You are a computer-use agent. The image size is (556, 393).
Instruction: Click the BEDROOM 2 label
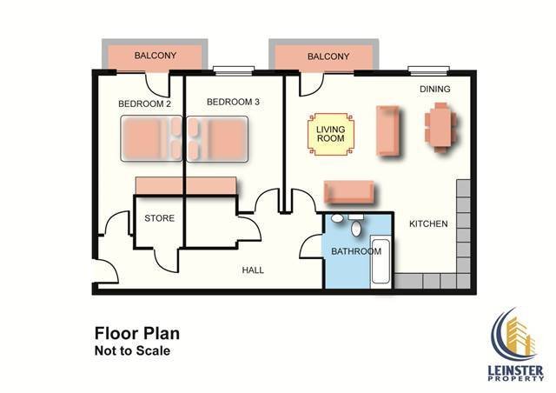coord(145,103)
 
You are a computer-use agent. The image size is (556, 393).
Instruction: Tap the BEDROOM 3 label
coord(233,102)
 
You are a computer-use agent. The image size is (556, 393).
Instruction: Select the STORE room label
coord(160,218)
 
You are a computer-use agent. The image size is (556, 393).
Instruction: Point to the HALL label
coord(253,270)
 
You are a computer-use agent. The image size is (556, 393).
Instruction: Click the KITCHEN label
coord(428,223)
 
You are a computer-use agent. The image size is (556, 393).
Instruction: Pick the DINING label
coord(435,89)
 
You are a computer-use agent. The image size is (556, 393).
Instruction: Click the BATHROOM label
coord(356,251)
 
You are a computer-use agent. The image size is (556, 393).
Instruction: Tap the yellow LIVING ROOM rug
coord(331,134)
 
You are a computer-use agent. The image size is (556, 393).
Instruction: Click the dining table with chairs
coord(441,128)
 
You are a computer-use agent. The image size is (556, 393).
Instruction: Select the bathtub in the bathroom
coord(381,262)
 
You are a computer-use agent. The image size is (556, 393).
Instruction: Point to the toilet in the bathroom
coord(355,225)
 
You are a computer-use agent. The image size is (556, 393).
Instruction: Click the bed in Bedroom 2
coord(152,139)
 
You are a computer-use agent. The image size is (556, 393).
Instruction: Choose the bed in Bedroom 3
coord(217,139)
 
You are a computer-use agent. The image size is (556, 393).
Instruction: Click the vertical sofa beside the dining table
coord(387,130)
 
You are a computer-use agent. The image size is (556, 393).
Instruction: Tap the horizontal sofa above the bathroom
coord(349,192)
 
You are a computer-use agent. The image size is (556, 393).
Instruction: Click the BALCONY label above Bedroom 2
coord(156,56)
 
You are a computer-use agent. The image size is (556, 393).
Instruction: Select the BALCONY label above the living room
coord(328,57)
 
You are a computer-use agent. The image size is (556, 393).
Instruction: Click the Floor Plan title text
coord(137,333)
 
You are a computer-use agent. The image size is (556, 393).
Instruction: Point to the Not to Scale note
coord(132,350)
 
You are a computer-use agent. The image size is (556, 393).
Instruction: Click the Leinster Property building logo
coord(516,344)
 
